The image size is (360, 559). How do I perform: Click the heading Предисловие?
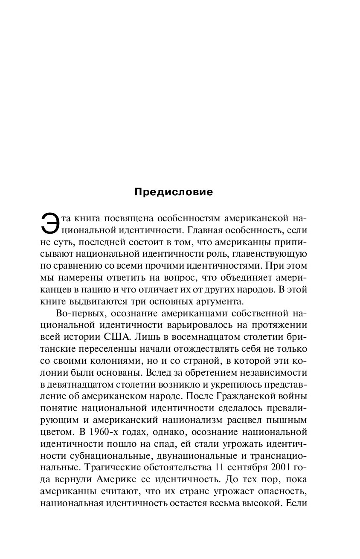click(x=174, y=192)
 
